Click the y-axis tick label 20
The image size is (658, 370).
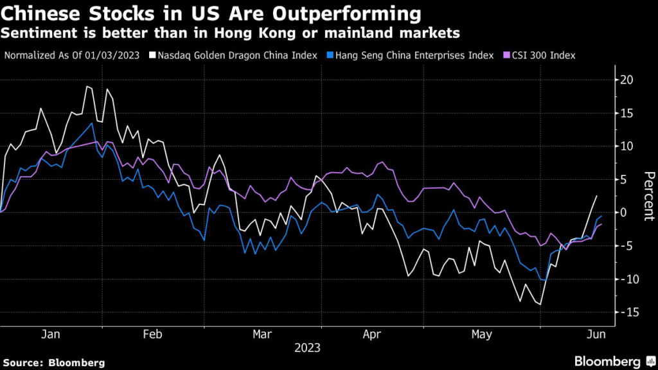point(627,80)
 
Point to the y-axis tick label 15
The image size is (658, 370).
point(627,113)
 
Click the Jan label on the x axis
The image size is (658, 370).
point(51,335)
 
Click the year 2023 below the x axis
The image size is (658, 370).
point(307,348)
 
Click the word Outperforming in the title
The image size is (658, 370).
point(349,13)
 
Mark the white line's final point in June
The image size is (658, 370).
point(597,195)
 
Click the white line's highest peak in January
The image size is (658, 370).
point(87,86)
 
